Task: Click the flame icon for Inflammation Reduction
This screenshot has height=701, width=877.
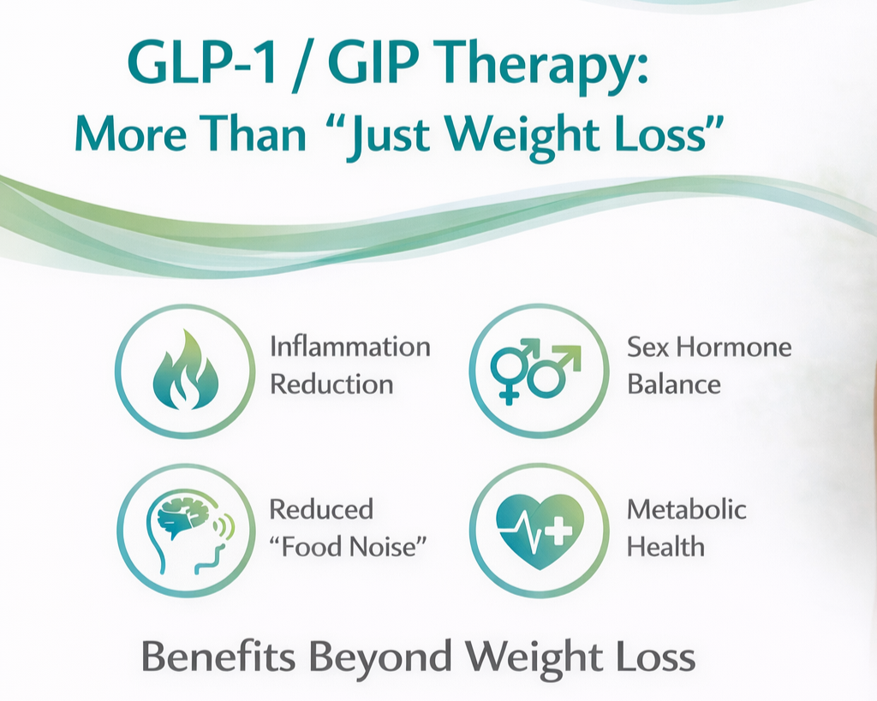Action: click(x=185, y=371)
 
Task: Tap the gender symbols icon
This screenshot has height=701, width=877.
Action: click(x=537, y=371)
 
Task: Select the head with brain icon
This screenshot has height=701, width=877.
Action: click(x=187, y=531)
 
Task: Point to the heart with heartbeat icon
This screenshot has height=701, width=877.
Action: click(x=540, y=531)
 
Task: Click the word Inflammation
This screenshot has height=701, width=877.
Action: click(x=349, y=347)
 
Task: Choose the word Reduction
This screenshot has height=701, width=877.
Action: click(x=331, y=383)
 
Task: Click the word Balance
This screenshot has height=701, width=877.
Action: click(x=674, y=383)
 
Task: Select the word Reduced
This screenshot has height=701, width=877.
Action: click(x=321, y=509)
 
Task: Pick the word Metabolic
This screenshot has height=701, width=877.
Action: click(x=687, y=509)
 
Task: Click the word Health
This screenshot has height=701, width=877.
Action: click(x=665, y=546)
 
